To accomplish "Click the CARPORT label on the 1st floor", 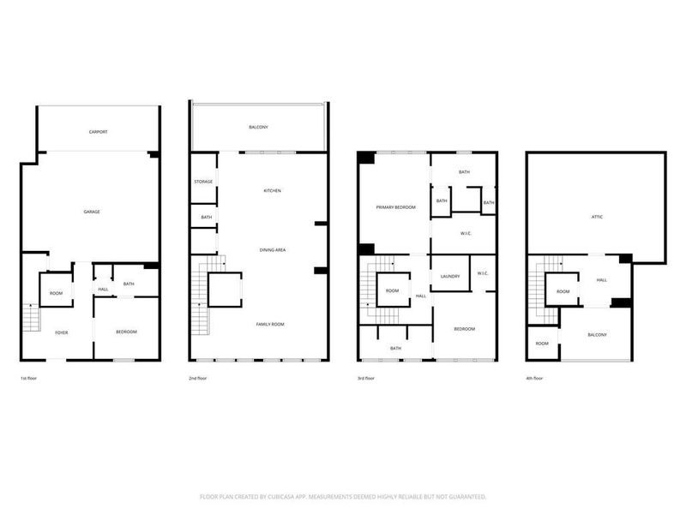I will point(98,132).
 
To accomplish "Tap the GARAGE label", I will point(92,212).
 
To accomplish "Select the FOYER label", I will point(62,332).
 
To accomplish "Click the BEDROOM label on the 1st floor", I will point(126,332).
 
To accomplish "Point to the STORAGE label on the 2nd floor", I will point(203,182).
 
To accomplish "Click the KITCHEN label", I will point(272,190).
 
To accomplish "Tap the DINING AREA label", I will point(273,249).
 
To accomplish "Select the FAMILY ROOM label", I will point(270,324).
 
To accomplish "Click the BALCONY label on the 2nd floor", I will point(259,127).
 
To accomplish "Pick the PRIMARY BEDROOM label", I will point(396,207).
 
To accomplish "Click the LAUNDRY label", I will point(450,276).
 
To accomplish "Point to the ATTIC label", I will point(597,217).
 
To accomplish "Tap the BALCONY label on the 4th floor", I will point(597,335).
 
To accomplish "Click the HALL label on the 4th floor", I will point(601,279).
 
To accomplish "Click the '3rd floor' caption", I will point(367,378).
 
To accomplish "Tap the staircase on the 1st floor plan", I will point(31,319).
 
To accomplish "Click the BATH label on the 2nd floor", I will point(207,218).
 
